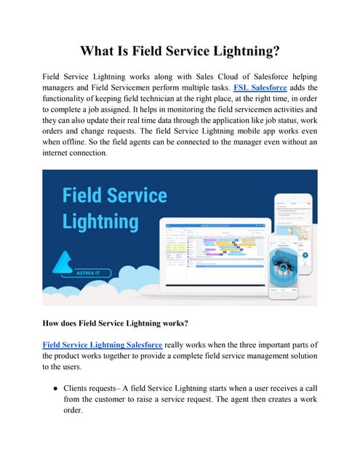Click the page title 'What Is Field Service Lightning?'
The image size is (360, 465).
[x=180, y=52]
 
